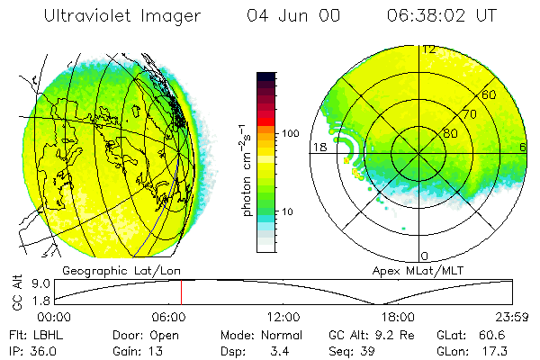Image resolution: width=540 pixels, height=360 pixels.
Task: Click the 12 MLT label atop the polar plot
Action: pos(429,49)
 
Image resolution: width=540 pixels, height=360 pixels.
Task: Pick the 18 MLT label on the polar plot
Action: pos(318,147)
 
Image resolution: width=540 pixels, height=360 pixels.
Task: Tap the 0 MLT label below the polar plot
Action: pos(425,256)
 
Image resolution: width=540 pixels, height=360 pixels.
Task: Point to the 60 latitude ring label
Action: pos(490,94)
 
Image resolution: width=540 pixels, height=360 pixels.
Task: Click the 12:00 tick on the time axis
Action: pos(283,317)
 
